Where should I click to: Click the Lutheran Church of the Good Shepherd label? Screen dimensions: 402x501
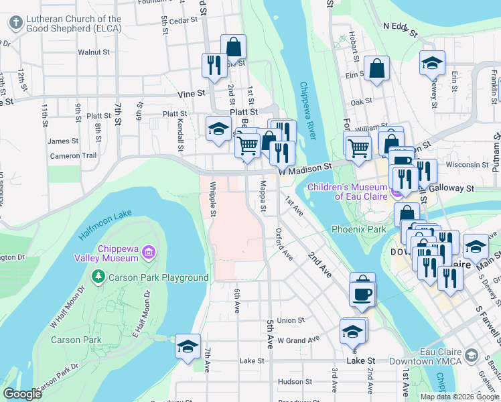pyautogui.click(x=74, y=24)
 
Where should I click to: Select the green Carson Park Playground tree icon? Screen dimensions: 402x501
pyautogui.click(x=98, y=277)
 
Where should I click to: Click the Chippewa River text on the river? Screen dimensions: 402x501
pyautogui.click(x=307, y=111)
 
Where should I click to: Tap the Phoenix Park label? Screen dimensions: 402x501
pyautogui.click(x=358, y=229)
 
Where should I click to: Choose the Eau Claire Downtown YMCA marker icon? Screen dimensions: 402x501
pyautogui.click(x=472, y=354)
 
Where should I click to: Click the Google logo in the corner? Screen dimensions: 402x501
pyautogui.click(x=22, y=394)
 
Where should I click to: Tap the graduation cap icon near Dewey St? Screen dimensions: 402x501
pyautogui.click(x=432, y=63)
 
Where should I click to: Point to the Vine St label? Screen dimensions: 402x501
pyautogui.click(x=190, y=95)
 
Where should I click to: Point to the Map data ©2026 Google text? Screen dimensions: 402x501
pyautogui.click(x=459, y=397)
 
